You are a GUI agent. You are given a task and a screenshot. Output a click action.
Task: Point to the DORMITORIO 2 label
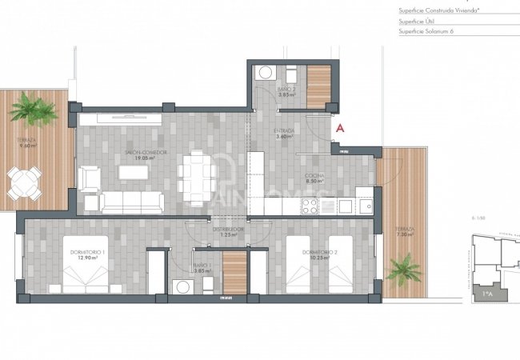(317, 253)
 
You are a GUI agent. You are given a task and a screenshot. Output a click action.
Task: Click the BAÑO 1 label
(201, 266)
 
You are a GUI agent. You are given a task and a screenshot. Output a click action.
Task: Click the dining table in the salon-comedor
(195, 172)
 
